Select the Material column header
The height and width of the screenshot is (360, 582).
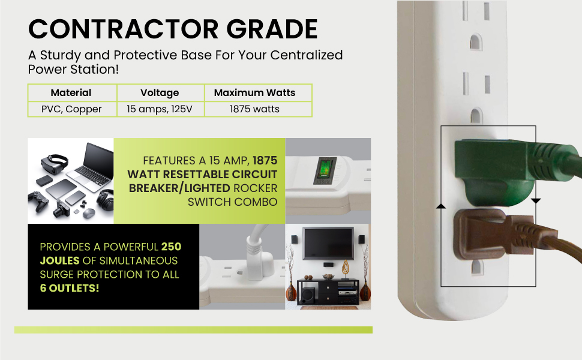(71, 92)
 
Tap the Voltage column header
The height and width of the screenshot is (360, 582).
(160, 92)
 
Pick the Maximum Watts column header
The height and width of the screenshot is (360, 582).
(254, 92)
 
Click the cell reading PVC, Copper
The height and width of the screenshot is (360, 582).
(71, 109)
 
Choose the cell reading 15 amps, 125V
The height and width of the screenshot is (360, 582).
(160, 109)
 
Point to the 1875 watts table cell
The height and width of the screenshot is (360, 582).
(254, 109)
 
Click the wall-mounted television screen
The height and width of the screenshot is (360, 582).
(328, 243)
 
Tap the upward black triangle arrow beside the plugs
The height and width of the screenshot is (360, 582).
(441, 206)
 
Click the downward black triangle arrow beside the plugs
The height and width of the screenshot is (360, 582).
(536, 200)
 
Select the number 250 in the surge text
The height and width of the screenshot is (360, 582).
(171, 247)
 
